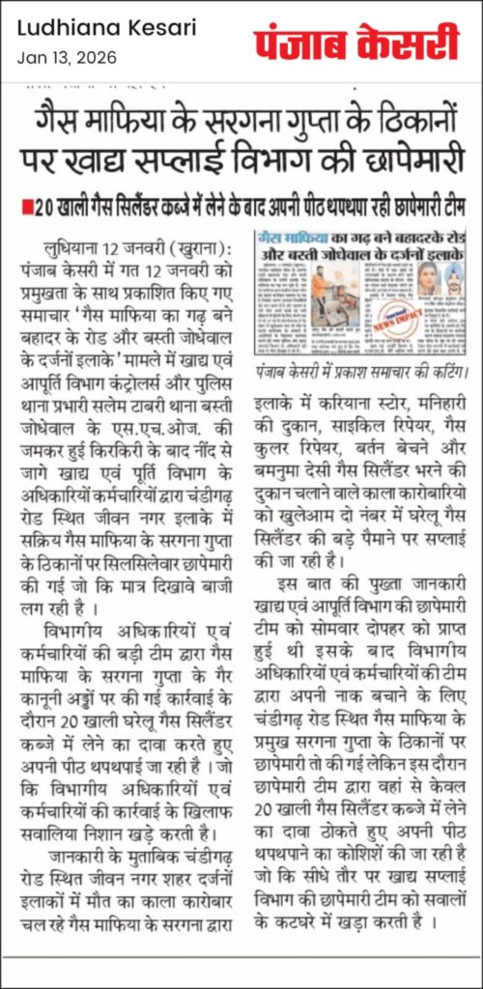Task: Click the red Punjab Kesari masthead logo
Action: [x=356, y=43]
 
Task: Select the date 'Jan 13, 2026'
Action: [x=67, y=57]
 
